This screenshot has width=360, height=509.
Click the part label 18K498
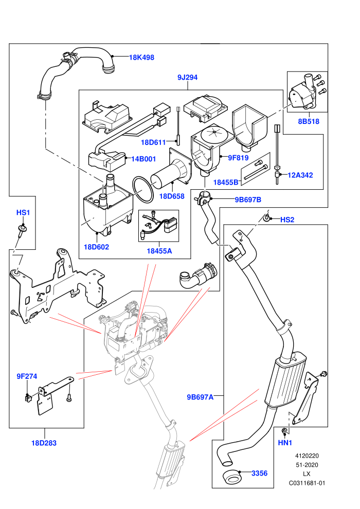[141, 58]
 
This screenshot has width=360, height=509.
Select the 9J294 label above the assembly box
[187, 77]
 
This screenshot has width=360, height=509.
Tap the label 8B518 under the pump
[309, 121]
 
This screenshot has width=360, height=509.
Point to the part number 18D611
[153, 142]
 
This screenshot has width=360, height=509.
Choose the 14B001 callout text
[143, 159]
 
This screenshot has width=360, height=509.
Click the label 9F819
[238, 158]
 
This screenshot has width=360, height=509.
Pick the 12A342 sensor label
[300, 175]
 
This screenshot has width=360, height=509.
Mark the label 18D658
[172, 196]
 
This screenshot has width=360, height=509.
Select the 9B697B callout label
[248, 199]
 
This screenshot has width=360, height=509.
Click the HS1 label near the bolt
[23, 213]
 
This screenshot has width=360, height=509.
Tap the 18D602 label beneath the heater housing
[96, 247]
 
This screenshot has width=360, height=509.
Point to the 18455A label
[159, 251]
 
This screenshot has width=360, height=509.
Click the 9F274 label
[27, 376]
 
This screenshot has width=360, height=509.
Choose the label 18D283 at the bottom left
[44, 443]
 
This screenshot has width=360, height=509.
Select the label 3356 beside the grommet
[259, 474]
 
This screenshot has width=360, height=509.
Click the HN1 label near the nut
[285, 443]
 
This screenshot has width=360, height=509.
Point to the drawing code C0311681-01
[307, 483]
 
